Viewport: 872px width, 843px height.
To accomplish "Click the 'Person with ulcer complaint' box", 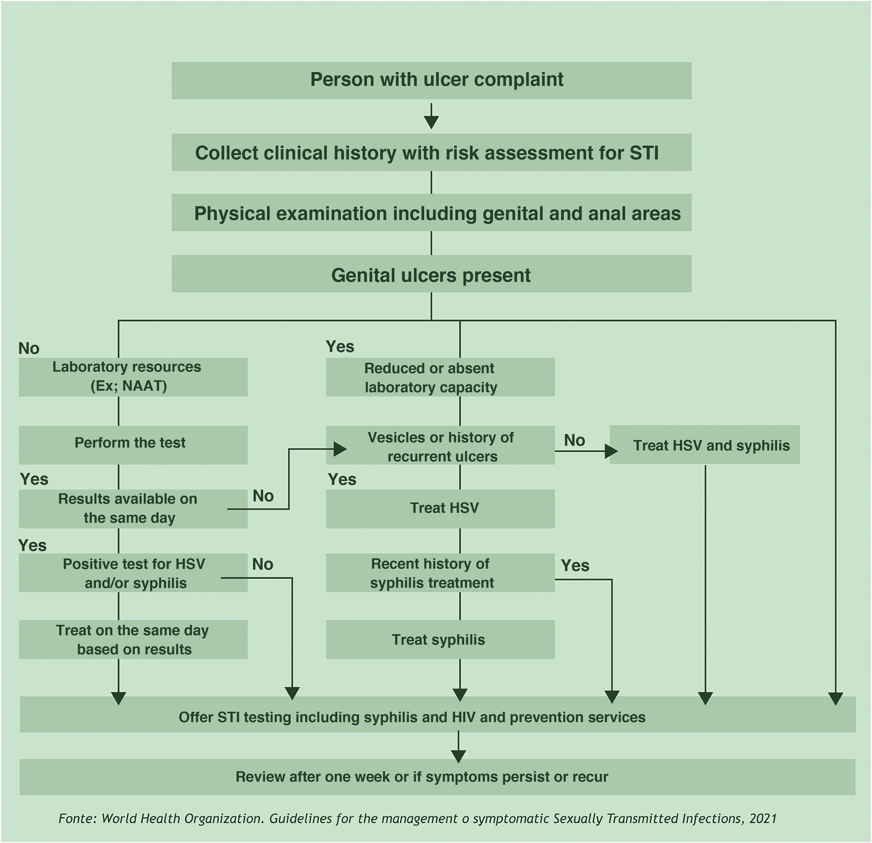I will [431, 80].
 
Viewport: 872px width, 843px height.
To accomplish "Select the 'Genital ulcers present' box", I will [431, 275].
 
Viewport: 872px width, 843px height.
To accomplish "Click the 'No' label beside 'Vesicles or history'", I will [574, 440].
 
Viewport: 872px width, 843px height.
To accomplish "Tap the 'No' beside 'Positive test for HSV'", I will [263, 564].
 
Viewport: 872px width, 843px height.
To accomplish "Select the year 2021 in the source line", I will [763, 818].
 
